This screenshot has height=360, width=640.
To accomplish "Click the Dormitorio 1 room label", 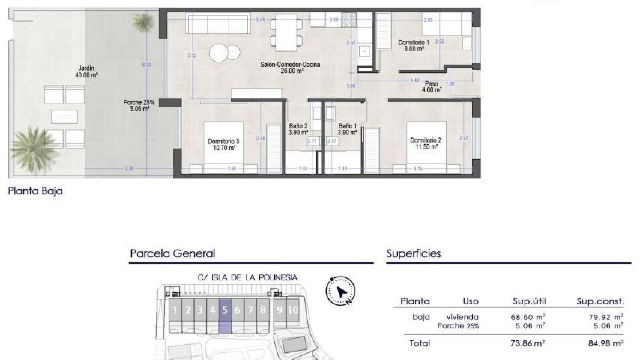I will coord(413,46).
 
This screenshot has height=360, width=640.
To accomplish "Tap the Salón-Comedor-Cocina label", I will coord(290,67).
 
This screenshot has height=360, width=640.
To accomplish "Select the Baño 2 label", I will coord(298,129).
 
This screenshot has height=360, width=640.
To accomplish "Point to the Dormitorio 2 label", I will coord(425,143).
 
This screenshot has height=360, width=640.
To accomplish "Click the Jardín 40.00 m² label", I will coord(86,72).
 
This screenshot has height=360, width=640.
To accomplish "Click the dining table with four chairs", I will coord(286,32).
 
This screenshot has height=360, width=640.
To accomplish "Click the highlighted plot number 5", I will coord(225,310).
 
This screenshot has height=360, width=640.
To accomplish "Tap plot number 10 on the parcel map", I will coord(293,310).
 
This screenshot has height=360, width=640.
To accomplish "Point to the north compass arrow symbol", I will coord(341,291).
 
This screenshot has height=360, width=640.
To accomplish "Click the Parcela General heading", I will coord(172,254).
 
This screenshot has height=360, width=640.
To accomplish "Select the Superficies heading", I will coord(413,254).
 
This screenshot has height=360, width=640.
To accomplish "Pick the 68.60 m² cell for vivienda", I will coord(528,317).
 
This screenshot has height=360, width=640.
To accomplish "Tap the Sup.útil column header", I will coord(529,302).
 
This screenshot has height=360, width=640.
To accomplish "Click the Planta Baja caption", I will coord(35,191).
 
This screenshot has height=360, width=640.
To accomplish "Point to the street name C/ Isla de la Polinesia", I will coord(247,278).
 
